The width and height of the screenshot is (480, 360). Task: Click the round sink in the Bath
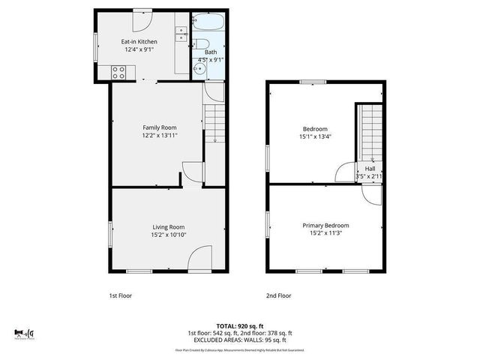[x=199, y=70]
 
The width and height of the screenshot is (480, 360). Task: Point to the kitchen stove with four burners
[x=118, y=72]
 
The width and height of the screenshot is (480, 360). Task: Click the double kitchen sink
[x=181, y=34]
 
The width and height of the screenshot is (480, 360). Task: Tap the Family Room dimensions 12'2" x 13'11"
[x=160, y=136]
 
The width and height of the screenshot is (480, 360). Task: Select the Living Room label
[x=169, y=227]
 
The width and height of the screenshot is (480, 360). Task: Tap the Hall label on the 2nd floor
[x=370, y=169]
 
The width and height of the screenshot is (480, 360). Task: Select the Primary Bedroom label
[x=325, y=226]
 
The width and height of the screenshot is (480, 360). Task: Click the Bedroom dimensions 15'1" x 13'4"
[x=315, y=136]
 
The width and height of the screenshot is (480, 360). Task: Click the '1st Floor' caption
[x=120, y=295]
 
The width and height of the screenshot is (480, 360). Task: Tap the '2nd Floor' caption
[x=279, y=295]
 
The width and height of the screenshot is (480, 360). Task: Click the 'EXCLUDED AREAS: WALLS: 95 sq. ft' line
[x=239, y=340]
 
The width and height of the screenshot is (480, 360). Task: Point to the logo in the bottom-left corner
[x=23, y=332]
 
